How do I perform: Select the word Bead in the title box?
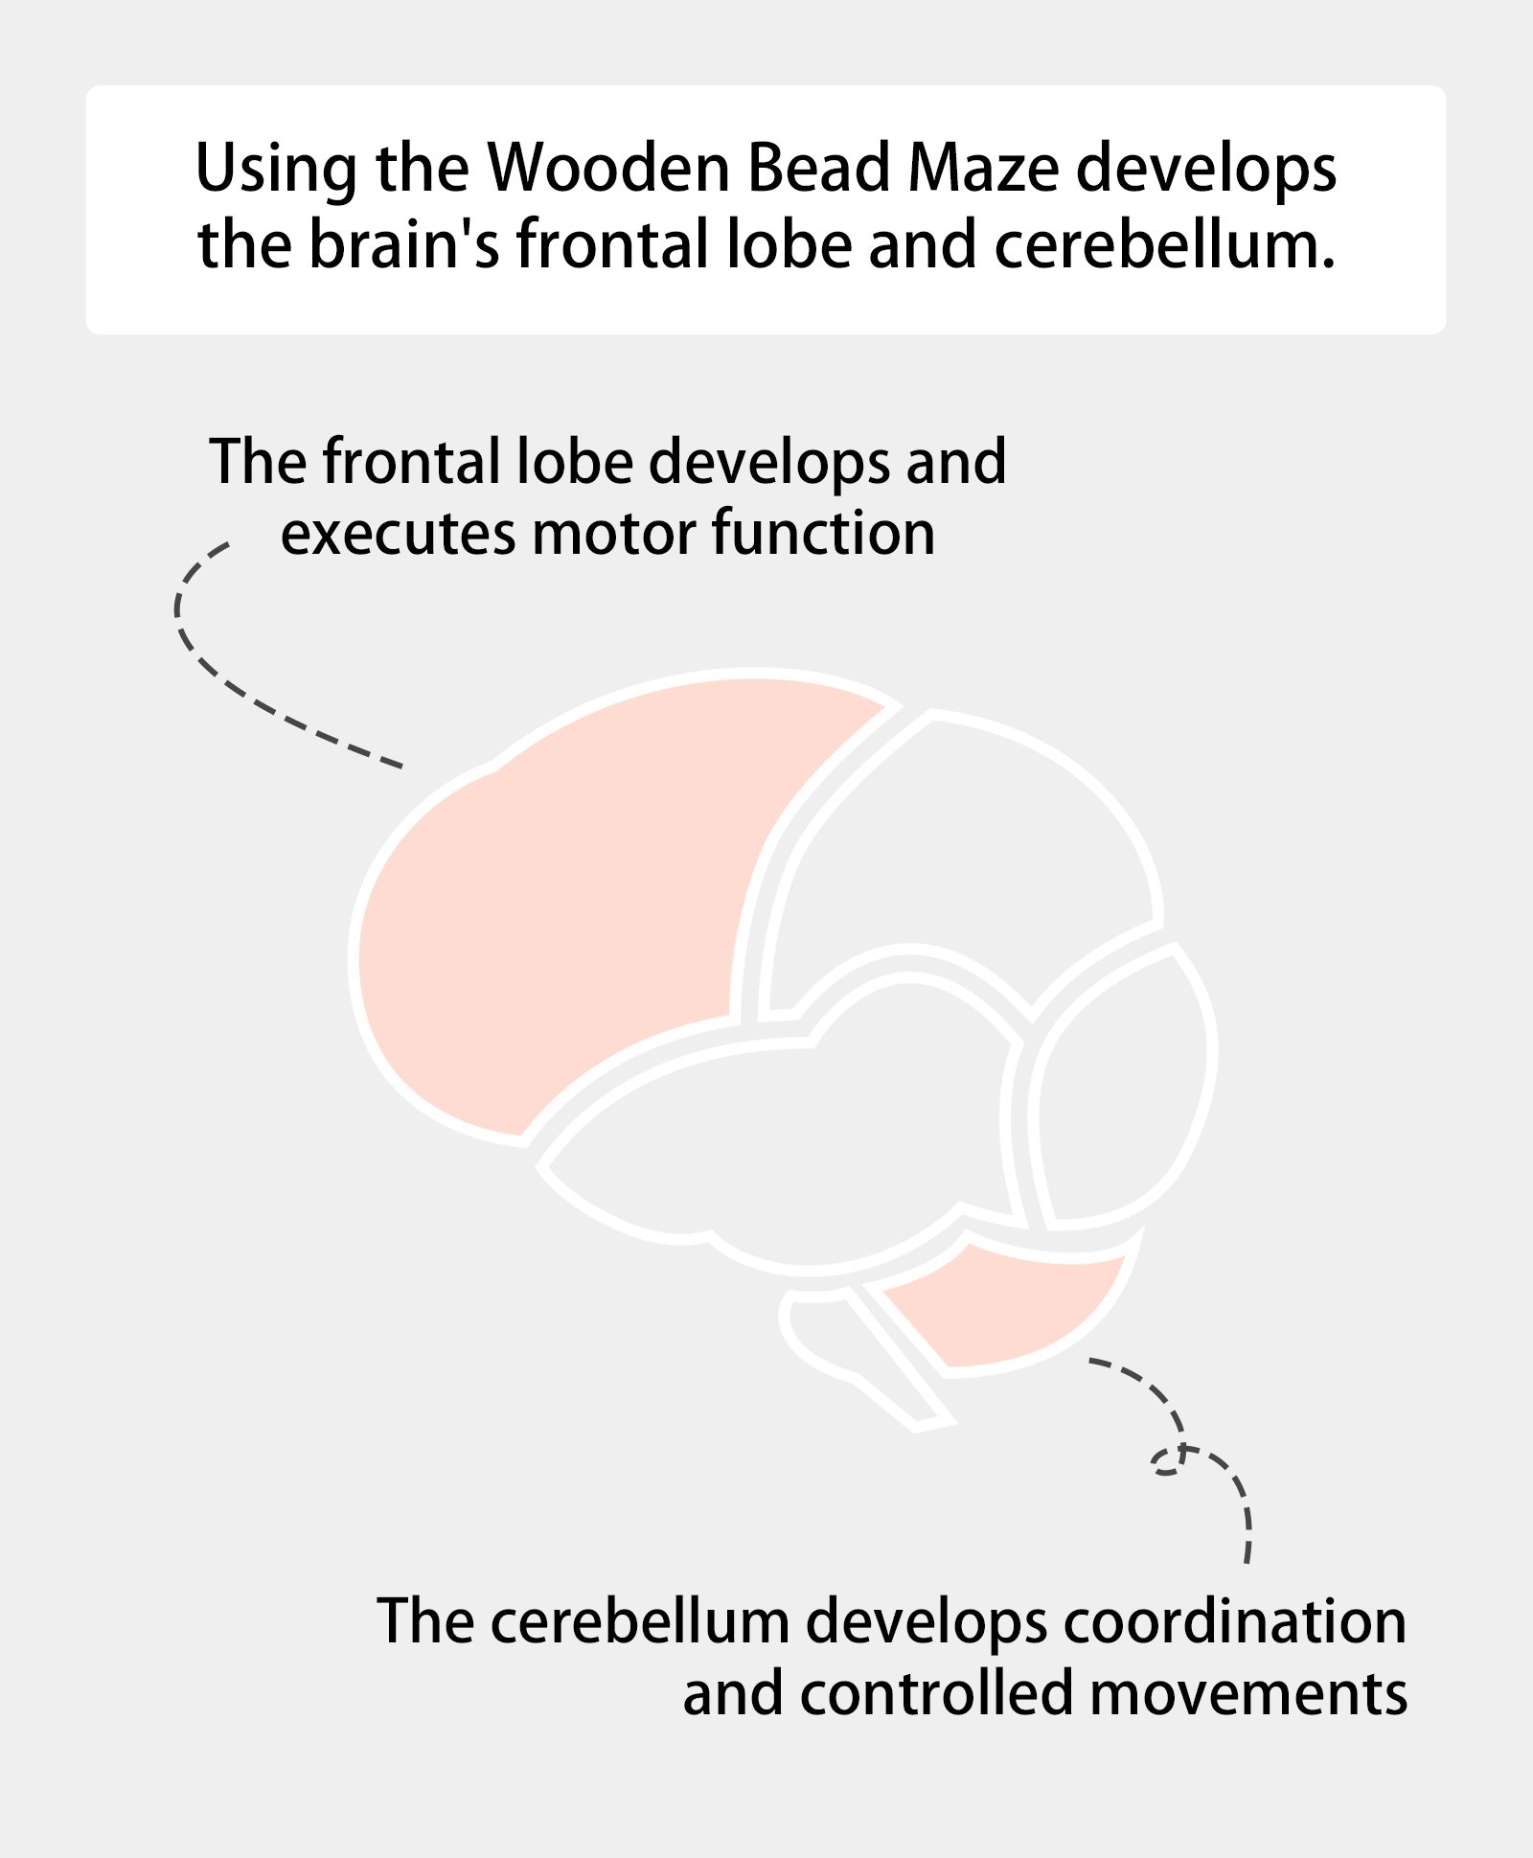[x=818, y=168]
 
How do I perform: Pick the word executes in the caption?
[x=398, y=535]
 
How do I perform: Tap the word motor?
[x=614, y=534]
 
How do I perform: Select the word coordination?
[x=1234, y=1621]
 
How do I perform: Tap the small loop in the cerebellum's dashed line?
[x=1168, y=1462]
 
